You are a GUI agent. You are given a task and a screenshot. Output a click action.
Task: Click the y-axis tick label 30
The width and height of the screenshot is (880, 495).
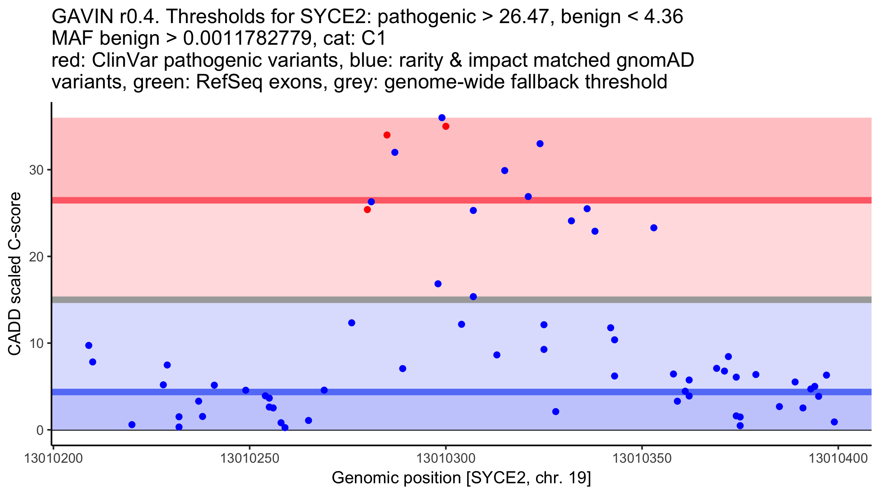(x=36, y=170)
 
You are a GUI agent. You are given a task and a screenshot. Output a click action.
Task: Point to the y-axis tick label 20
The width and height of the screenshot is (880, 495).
(x=36, y=257)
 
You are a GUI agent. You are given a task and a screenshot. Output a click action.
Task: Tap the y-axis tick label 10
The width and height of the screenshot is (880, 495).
(x=36, y=344)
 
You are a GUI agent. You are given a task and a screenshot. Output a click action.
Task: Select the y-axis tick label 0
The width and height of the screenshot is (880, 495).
(x=40, y=430)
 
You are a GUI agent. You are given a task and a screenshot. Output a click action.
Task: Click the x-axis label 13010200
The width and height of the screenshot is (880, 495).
(x=54, y=459)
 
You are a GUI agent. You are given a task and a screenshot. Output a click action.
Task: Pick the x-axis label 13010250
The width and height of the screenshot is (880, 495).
(x=250, y=459)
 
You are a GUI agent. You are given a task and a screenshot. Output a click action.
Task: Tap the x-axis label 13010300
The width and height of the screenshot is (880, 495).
(x=446, y=459)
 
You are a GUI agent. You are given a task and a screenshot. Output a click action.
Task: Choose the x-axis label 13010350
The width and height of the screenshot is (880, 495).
(x=642, y=459)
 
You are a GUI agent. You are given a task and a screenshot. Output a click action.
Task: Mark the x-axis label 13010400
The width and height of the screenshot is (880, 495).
(x=838, y=459)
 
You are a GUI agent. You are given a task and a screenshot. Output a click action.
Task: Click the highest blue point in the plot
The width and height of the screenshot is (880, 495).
(x=442, y=118)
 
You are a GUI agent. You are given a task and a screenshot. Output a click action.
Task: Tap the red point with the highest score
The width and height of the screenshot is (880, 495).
(x=446, y=126)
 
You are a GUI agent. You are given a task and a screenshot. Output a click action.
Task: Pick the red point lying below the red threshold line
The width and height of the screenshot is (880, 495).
(x=367, y=210)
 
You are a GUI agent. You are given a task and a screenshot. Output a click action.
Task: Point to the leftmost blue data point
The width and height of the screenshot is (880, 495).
(x=89, y=345)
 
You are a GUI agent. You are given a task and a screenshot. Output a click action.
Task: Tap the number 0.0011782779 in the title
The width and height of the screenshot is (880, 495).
(x=247, y=38)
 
